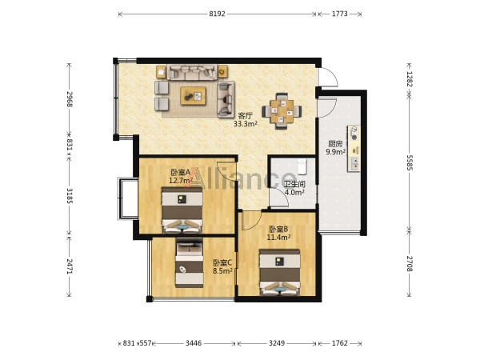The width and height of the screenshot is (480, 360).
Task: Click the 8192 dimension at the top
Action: click(x=217, y=14)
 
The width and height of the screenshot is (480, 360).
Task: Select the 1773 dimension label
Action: click(x=340, y=14)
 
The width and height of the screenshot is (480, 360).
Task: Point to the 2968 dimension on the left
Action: click(x=70, y=99)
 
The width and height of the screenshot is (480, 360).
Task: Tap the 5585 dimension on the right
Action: click(x=410, y=162)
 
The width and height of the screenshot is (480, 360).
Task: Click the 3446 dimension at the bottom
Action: click(x=194, y=343)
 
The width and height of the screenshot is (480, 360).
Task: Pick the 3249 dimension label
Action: click(x=277, y=343)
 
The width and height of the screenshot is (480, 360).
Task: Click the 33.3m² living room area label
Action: click(x=246, y=124)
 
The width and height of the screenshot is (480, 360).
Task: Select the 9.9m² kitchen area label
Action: click(x=336, y=151)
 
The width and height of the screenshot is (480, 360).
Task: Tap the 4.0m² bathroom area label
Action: click(x=294, y=192)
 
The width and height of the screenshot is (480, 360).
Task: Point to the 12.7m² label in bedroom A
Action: click(x=181, y=181)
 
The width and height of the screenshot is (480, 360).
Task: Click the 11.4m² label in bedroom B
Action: click(x=278, y=237)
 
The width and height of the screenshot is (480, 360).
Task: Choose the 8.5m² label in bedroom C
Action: click(x=222, y=270)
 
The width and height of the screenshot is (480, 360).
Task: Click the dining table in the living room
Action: click(x=282, y=111)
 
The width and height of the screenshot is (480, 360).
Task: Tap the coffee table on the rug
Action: click(x=193, y=96)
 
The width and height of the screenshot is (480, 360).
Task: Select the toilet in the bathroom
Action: click(x=302, y=166)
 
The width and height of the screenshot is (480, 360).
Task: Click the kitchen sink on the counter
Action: click(x=354, y=163)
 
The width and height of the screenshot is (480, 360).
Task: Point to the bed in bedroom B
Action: click(x=279, y=273)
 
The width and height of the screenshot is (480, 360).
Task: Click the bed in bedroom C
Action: click(x=189, y=263)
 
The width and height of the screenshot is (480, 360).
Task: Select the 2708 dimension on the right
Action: click(x=410, y=263)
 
